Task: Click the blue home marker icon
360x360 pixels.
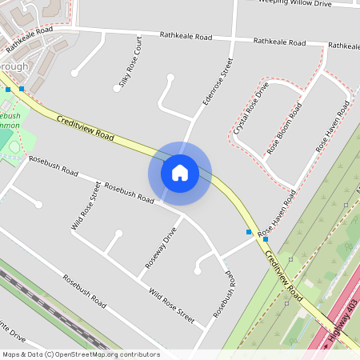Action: tap(180, 172)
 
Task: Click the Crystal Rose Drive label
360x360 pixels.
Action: tap(251, 113)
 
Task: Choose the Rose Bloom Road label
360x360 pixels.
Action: tap(286, 128)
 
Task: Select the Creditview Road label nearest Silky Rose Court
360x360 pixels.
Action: tap(86, 128)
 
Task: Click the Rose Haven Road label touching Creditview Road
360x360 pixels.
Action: tap(276, 212)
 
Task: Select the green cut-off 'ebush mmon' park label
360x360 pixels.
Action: tap(10, 121)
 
